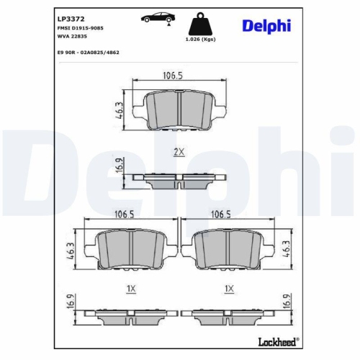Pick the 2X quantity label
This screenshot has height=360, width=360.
(x=179, y=152)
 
